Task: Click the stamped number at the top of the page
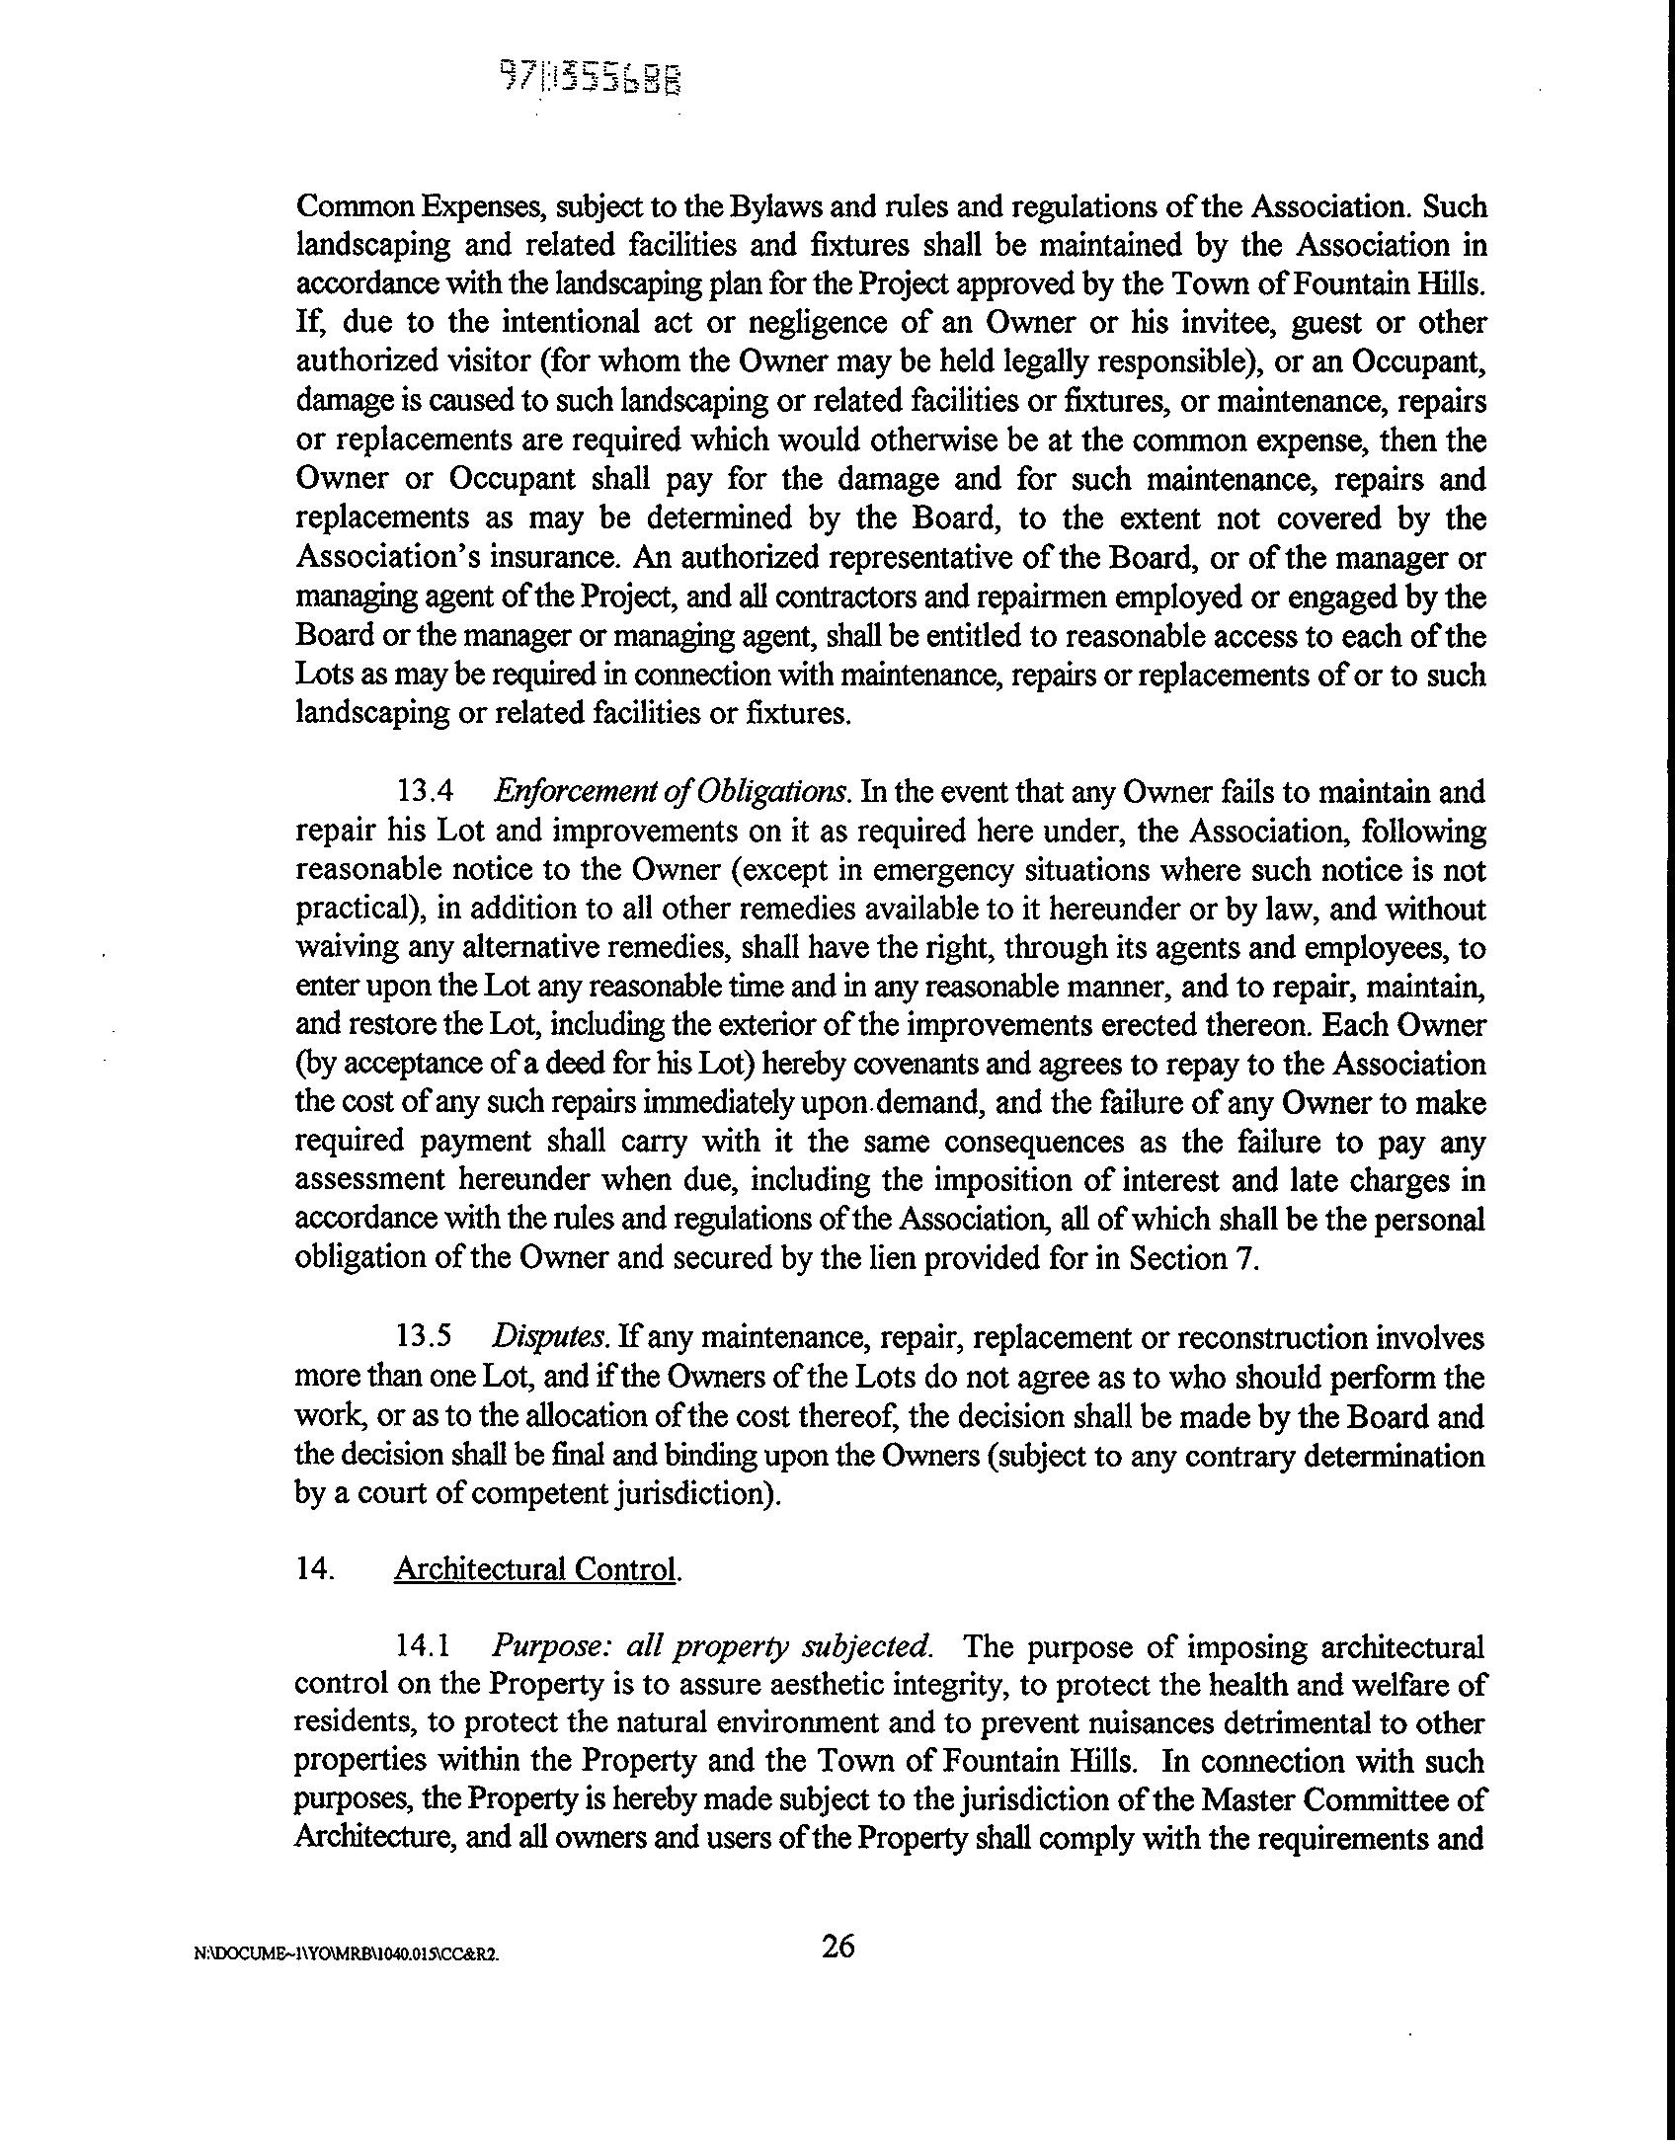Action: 591,78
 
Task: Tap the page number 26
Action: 838,1947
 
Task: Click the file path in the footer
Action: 346,1954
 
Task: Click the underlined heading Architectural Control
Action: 536,1569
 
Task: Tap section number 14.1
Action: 425,1647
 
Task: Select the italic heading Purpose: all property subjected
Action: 712,1647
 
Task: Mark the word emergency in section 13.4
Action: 944,870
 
